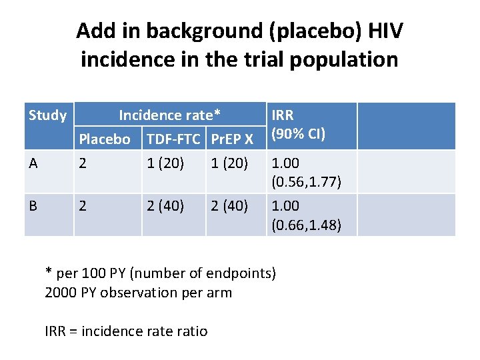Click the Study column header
[47, 115]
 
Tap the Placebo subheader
[105, 139]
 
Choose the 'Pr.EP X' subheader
[231, 139]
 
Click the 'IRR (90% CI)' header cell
[297, 124]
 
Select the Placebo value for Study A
[83, 163]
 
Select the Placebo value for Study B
[83, 205]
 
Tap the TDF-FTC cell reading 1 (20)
[165, 163]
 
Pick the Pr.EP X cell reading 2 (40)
[229, 205]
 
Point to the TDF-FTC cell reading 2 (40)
[165, 205]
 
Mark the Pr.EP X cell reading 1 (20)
[229, 163]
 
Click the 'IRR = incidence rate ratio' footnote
[126, 331]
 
